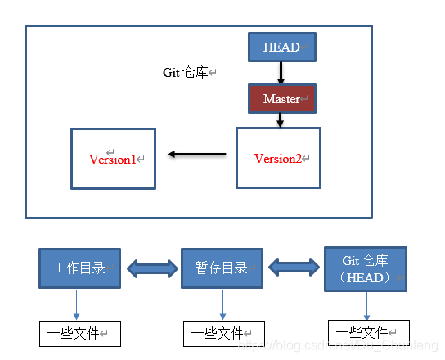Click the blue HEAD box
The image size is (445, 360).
pos(281,47)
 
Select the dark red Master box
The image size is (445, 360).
pos(281,99)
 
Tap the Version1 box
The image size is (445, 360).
pos(113,159)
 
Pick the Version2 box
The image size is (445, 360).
pos(278,158)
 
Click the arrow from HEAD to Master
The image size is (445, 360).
pos(281,73)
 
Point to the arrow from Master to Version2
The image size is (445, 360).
pos(280,119)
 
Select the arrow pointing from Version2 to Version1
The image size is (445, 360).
pos(196,154)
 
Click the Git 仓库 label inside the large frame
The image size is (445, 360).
pos(187,73)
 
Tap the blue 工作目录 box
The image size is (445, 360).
pos(79,268)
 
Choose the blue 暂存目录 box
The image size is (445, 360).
pos(222,268)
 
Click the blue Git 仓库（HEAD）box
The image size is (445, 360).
pos(366,268)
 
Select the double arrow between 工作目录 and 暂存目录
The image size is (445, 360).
pos(151,268)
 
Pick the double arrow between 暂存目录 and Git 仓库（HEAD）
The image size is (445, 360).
pos(294,267)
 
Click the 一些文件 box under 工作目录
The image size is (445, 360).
pos(79,333)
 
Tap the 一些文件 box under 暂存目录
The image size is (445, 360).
pos(222,333)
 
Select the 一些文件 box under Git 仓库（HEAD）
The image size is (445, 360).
pos(367,332)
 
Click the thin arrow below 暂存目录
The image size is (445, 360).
pos(222,304)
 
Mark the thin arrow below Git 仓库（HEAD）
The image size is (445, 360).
pos(367,305)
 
